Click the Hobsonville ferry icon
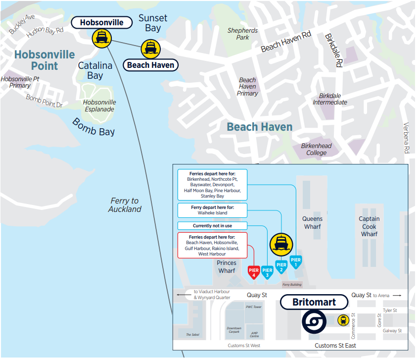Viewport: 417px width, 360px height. pos(102,38)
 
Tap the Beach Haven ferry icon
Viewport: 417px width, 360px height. pos(150,49)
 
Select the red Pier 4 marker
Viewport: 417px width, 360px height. pos(253,271)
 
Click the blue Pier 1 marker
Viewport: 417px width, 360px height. pos(296,260)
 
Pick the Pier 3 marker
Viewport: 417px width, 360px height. pos(267,271)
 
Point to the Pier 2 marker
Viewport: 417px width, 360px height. pos(281,266)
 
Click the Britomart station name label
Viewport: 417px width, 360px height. pos(314,302)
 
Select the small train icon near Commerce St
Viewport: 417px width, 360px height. pos(342,320)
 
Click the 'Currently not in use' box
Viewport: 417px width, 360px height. pos(212,226)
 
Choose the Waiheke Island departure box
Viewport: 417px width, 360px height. pos(212,210)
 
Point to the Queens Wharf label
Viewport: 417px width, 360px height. pos(312,222)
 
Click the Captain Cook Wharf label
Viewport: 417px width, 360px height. pos(369,226)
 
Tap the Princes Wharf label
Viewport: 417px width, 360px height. pos(227,266)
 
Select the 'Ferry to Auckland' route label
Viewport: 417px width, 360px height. pos(125,205)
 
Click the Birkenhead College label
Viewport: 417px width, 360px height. pos(316,149)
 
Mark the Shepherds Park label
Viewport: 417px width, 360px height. pos(242,34)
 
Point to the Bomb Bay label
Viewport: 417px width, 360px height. pos(93,127)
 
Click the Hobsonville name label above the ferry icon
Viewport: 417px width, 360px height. pos(102,22)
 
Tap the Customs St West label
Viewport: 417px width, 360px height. pos(244,346)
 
